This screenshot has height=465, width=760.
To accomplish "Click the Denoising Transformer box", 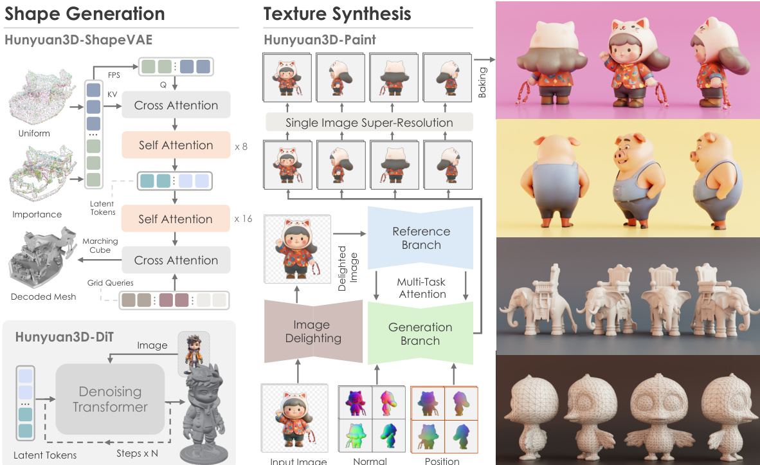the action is coord(110,399).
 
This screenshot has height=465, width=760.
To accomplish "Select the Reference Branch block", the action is coord(421,238).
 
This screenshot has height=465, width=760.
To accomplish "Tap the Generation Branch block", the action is coord(421,334).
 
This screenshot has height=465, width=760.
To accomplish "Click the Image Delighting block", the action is coord(313,331).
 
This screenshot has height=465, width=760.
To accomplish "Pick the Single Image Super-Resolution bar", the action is coord(369,122).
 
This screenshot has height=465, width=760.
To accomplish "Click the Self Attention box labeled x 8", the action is coord(176,145).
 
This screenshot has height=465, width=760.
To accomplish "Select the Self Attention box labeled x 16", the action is coord(176,219).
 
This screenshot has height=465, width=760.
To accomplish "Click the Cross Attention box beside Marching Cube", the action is coord(176,260).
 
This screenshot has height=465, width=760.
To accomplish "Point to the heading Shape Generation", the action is coord(85,14).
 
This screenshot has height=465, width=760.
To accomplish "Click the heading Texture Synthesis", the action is coord(338,14).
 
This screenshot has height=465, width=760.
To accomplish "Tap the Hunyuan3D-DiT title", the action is coord(64,337).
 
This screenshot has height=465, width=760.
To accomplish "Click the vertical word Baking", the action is coord(482,82).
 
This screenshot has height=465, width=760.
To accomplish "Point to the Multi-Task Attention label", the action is coord(422,288).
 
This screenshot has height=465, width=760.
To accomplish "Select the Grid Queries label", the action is coord(110,283).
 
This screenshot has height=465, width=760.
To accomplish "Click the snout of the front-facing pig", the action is coord(622,157).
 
